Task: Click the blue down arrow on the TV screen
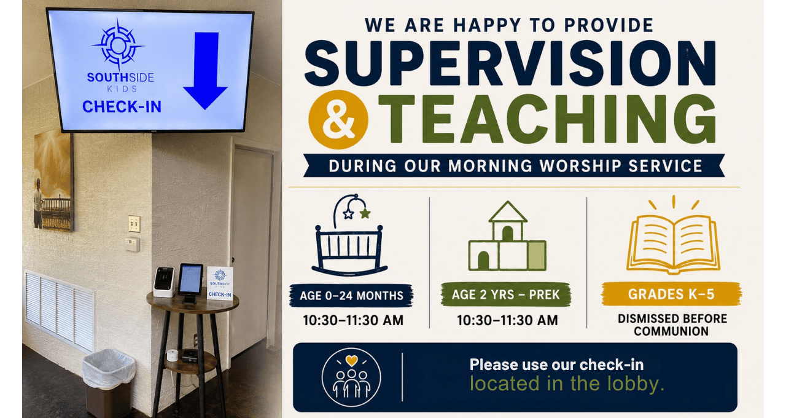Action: click(205, 70)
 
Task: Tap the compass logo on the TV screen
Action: click(119, 45)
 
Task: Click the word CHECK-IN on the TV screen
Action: click(122, 107)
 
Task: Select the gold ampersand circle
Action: click(338, 120)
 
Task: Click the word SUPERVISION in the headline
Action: click(510, 63)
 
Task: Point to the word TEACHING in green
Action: click(547, 119)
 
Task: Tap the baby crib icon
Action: click(349, 235)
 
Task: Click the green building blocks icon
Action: click(507, 236)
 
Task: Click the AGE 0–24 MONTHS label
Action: click(351, 296)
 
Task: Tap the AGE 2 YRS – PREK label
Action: click(505, 294)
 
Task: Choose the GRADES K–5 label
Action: click(671, 294)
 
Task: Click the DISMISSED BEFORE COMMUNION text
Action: click(672, 325)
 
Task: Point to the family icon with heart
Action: click(351, 377)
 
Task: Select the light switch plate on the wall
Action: click(134, 224)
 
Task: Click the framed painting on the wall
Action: click(53, 181)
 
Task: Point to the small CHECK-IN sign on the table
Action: click(220, 283)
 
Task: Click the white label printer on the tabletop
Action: click(164, 282)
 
